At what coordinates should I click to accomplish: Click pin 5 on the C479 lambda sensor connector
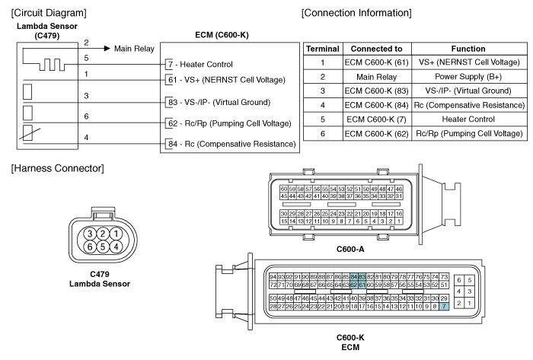(103, 247)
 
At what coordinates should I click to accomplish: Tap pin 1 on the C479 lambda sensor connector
(116, 234)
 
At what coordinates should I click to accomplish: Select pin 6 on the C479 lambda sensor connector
(90, 247)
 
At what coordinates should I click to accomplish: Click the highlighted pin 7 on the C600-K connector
(444, 306)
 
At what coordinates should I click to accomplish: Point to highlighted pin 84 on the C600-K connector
(354, 277)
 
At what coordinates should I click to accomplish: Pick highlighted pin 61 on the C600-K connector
(362, 285)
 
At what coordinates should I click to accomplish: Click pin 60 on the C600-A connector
(284, 189)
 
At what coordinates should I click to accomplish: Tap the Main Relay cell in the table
(377, 77)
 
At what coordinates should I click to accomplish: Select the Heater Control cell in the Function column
(468, 119)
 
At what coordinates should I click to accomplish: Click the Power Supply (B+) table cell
(468, 77)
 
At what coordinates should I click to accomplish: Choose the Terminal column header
(323, 49)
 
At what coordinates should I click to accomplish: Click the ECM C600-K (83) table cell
(377, 91)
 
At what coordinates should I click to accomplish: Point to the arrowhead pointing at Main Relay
(107, 49)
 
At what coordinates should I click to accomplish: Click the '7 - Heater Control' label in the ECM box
(200, 64)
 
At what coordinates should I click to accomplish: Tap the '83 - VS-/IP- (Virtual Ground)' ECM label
(219, 102)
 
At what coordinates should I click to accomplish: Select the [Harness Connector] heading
(57, 168)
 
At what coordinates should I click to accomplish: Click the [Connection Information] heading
(356, 13)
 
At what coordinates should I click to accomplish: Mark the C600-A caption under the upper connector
(350, 250)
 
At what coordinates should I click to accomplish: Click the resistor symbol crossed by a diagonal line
(28, 133)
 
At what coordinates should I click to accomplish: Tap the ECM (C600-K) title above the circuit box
(222, 35)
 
